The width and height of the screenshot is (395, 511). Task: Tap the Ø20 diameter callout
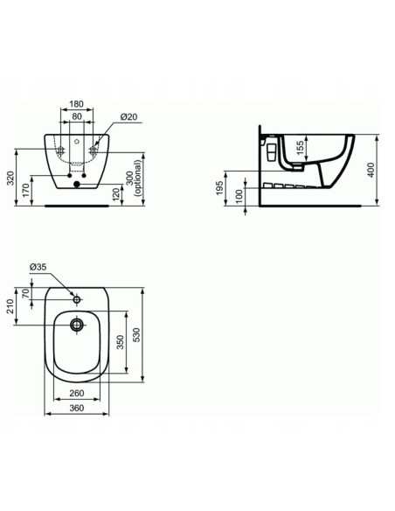[128, 118]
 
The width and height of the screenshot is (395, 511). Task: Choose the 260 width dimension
[78, 393]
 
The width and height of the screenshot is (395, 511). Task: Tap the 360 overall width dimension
[78, 408]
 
